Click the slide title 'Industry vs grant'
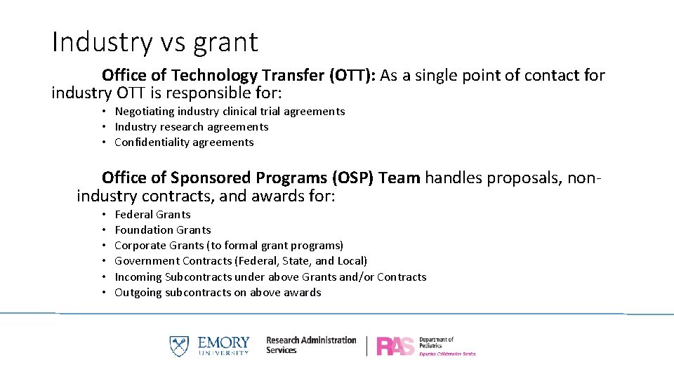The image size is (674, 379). pos(154,43)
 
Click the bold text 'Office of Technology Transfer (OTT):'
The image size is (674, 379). pos(239,75)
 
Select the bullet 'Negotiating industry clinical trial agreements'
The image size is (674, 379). pos(230,112)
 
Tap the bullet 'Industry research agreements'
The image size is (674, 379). pos(191,127)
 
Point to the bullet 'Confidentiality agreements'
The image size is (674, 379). pos(184,142)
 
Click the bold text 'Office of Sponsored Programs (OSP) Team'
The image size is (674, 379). pos(260,178)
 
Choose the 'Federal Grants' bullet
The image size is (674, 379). pos(152,215)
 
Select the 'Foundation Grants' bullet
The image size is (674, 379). pos(162,230)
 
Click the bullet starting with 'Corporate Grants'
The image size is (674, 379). pos(228,246)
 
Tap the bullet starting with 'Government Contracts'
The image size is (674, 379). pos(240,261)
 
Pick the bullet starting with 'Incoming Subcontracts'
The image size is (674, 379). pos(270,277)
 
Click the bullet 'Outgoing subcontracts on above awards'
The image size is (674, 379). pos(218,293)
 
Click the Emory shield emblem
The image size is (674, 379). pos(179,346)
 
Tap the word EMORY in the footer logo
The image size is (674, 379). pos(223,343)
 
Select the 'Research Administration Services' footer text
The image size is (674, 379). pos(310,345)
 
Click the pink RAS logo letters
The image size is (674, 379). pos(395,346)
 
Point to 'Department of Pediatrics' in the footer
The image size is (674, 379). pos(437,343)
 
